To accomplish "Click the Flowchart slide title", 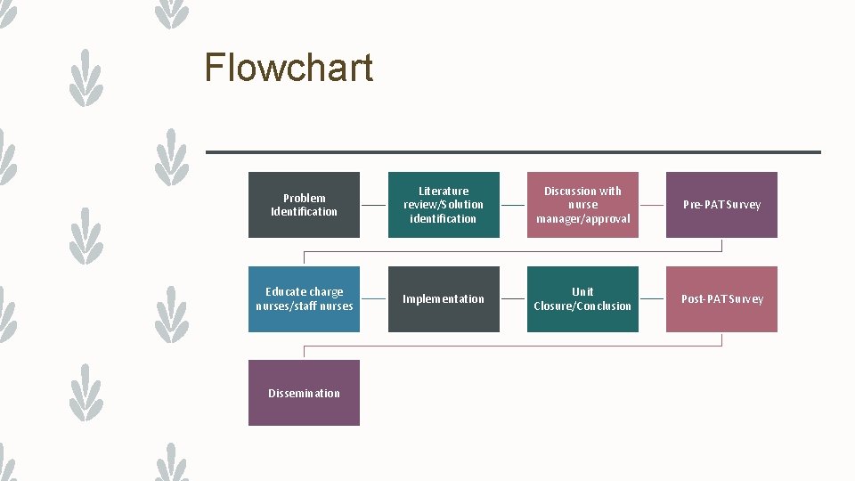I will (288, 68).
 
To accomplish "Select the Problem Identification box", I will (304, 205).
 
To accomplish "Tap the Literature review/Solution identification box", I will (444, 205).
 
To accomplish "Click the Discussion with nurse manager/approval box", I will (582, 205).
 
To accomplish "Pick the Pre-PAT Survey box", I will (721, 205).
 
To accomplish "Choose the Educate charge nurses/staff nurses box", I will (304, 299).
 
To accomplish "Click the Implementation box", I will (444, 299).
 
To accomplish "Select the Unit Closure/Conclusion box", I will (582, 299).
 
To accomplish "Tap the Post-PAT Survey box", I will (721, 299).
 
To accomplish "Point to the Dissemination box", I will (304, 393).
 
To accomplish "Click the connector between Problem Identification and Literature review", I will (374, 205).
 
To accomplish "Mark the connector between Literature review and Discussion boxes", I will (513, 205).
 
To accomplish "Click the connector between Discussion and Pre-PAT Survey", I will (652, 205).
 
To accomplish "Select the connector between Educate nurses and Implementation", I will (374, 299).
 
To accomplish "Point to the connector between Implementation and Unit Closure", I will (513, 299).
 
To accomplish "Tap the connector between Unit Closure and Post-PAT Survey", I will (652, 299).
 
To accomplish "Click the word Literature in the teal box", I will (444, 191).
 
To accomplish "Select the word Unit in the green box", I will (582, 292).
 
